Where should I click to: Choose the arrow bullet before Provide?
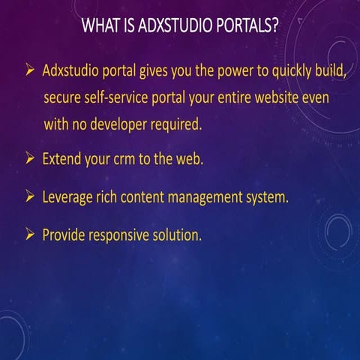pyautogui.click(x=30, y=235)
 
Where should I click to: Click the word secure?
pyautogui.click(x=64, y=99)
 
